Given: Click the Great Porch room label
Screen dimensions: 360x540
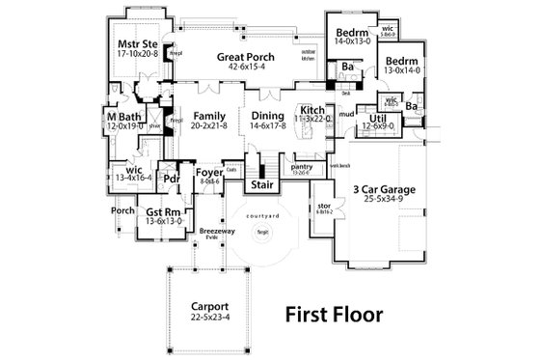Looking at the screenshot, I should coord(247,57).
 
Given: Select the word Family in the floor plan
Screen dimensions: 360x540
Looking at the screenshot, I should coord(195,113).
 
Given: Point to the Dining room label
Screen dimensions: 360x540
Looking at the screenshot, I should coord(256,113).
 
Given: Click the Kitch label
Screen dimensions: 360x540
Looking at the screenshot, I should coord(312,110).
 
